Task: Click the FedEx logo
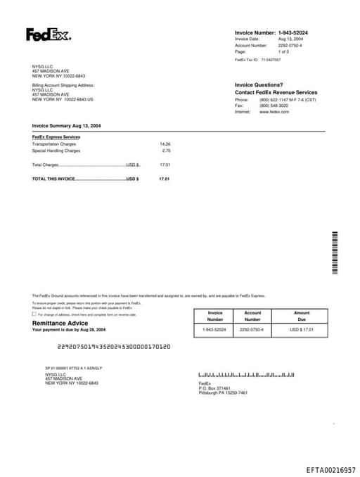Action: pyautogui.click(x=49, y=34)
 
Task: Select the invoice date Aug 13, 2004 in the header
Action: pyautogui.click(x=290, y=39)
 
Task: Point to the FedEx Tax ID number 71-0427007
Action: pyautogui.click(x=271, y=61)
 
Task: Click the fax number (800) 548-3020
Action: pyautogui.click(x=274, y=106)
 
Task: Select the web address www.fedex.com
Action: pyautogui.click(x=274, y=112)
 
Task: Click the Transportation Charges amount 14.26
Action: pyautogui.click(x=165, y=144)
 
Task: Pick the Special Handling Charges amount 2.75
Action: pyautogui.click(x=166, y=151)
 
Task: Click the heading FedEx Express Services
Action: pyautogui.click(x=56, y=136)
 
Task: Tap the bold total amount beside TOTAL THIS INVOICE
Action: pyautogui.click(x=165, y=179)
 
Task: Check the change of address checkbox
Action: pyautogui.click(x=34, y=314)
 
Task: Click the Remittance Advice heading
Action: pyautogui.click(x=60, y=323)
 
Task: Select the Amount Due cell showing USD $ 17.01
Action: pyautogui.click(x=302, y=329)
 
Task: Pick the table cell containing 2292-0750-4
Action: pyautogui.click(x=252, y=329)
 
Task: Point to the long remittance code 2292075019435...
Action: pyautogui.click(x=113, y=347)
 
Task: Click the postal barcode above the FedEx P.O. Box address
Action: pyautogui.click(x=246, y=376)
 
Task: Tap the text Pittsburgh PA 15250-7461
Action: pyautogui.click(x=223, y=393)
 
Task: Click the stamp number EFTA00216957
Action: pyautogui.click(x=330, y=469)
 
